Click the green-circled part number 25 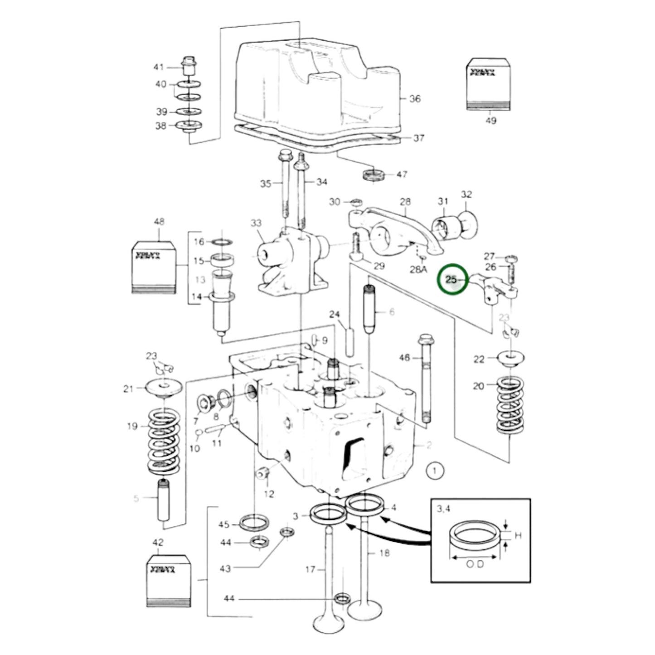451,280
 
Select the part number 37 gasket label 418,138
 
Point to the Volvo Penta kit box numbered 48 153,267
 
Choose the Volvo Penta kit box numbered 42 169,580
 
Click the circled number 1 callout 435,471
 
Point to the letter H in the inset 518,536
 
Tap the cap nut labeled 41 188,67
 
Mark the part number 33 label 256,223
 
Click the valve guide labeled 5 164,500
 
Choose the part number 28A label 418,269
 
